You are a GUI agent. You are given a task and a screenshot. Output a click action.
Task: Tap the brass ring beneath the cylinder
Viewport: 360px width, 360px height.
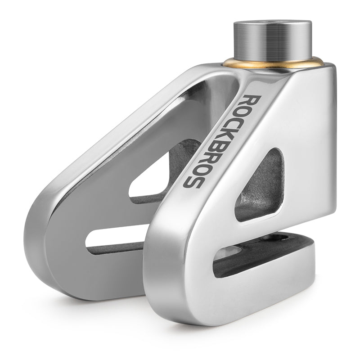(x=273, y=63)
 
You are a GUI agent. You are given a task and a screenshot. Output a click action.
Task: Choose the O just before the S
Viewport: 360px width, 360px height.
(x=200, y=169)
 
